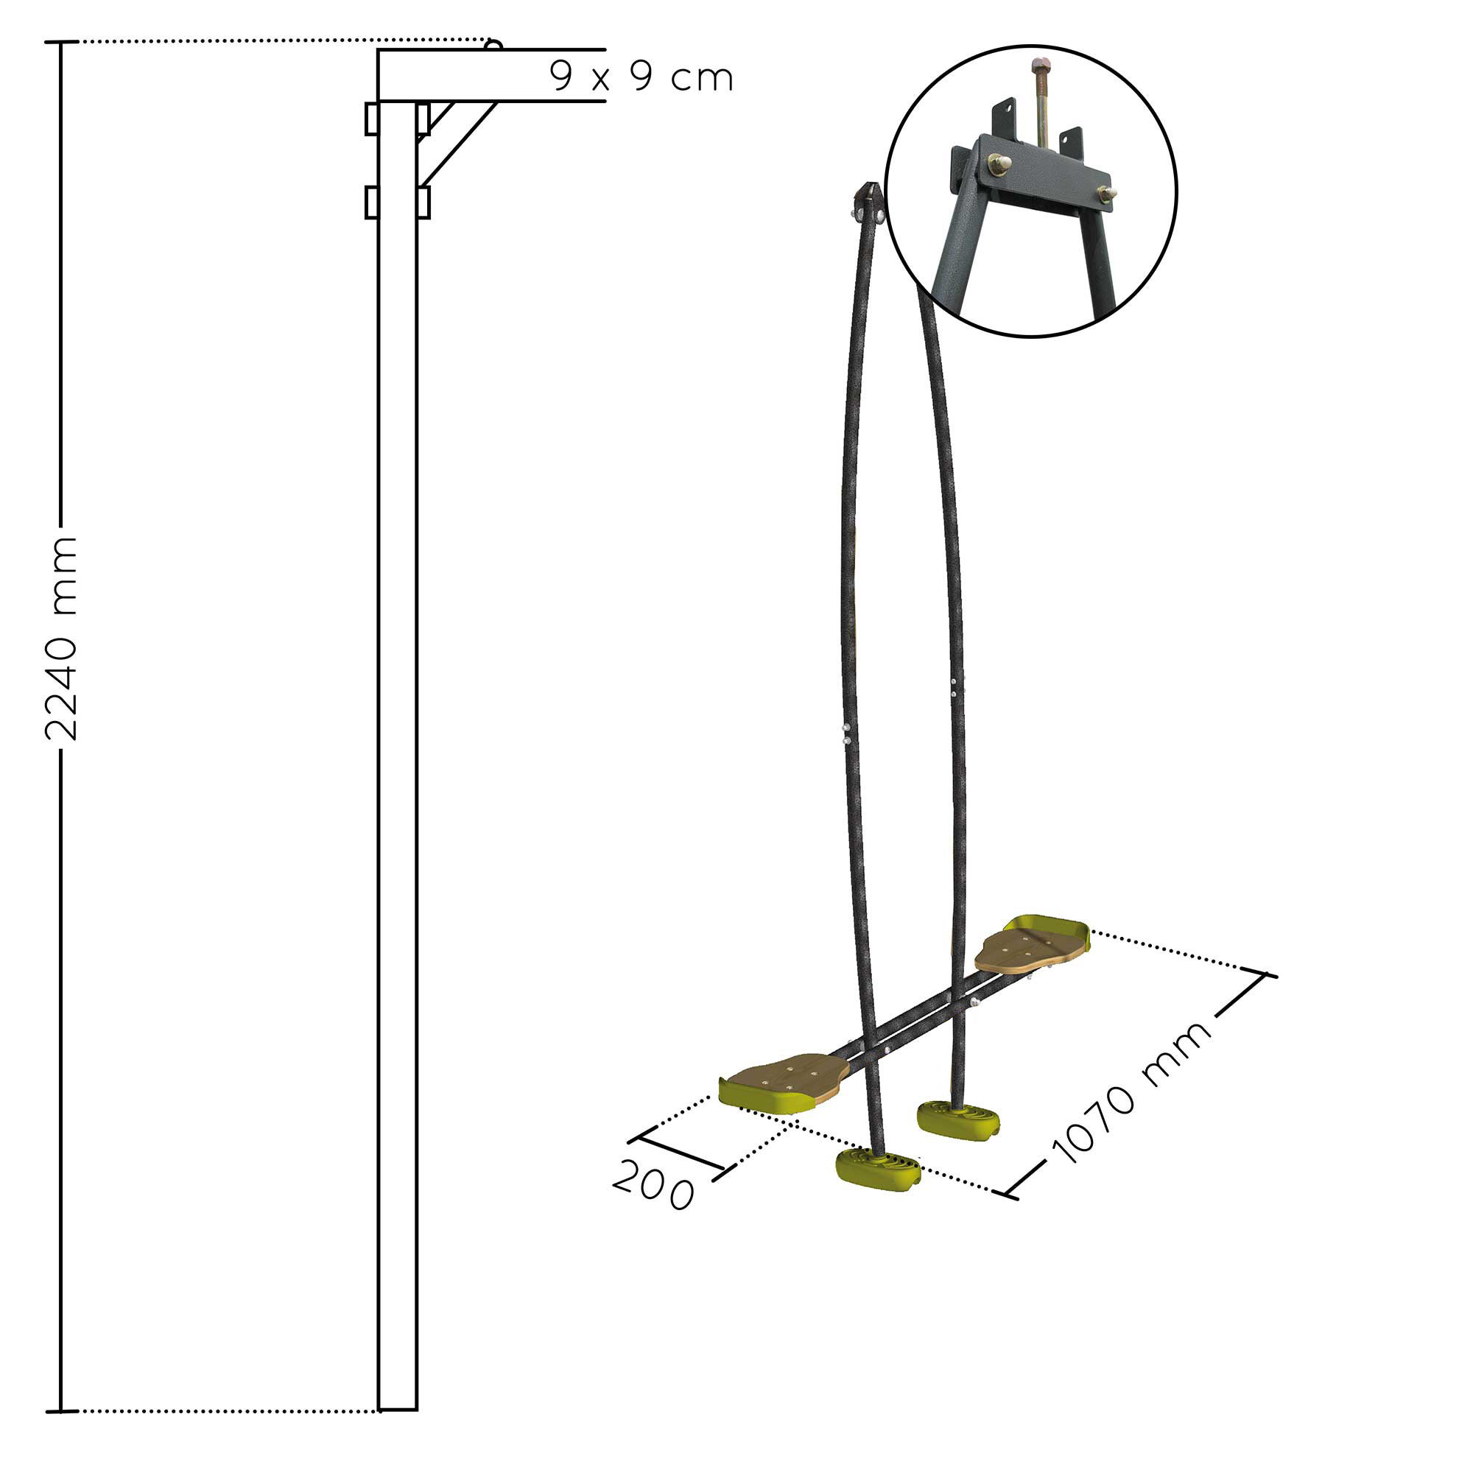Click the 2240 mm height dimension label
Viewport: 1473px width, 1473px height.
click(61, 638)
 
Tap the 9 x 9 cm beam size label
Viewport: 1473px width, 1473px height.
click(641, 77)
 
